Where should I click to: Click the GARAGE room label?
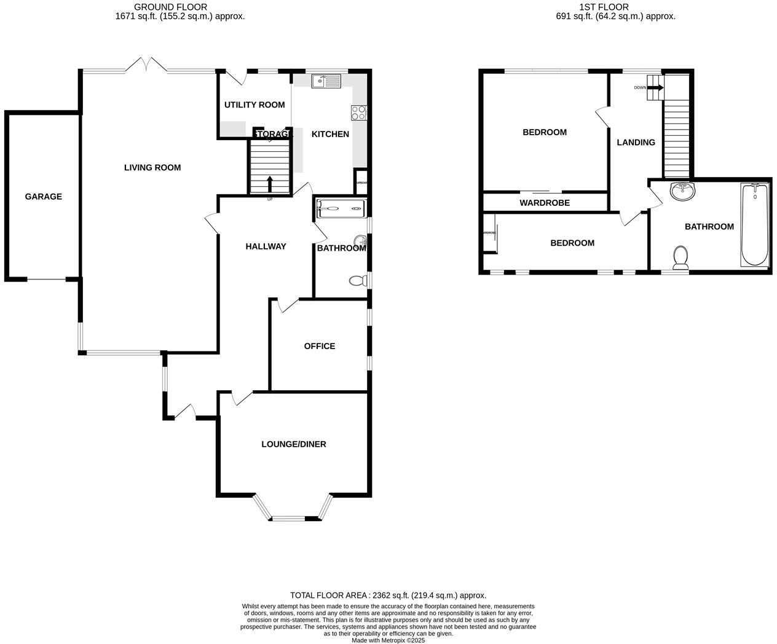pos(43,197)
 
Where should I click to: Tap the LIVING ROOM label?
pos(152,167)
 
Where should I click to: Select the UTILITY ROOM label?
pos(254,104)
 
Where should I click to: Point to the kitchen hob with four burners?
pos(358,112)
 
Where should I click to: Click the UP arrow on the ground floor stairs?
pos(270,184)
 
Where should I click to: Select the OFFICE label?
pos(320,346)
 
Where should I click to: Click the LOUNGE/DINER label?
pos(294,444)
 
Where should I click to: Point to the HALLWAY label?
pos(266,246)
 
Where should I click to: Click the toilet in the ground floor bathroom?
pos(357,281)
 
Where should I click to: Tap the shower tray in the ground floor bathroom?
pos(341,209)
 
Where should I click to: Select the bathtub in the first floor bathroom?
pos(754,225)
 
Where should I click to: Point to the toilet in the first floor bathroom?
pos(680,257)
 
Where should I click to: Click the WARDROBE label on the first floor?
pos(545,202)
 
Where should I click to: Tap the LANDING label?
pos(636,142)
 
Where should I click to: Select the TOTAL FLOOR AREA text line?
pos(388,595)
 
